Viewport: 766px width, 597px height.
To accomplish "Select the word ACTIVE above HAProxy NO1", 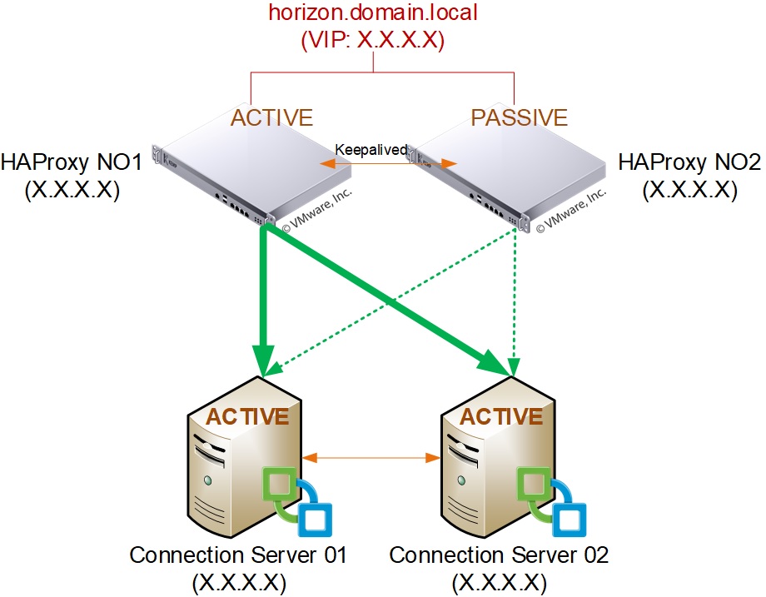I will [x=271, y=117].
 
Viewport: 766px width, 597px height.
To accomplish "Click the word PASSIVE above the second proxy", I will [x=519, y=117].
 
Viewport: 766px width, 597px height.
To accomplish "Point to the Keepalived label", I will [x=371, y=150].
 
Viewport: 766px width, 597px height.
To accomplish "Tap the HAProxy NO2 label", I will [x=690, y=163].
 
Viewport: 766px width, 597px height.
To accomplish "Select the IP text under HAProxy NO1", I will [x=72, y=191].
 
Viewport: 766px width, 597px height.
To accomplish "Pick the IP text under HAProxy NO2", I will [x=690, y=191].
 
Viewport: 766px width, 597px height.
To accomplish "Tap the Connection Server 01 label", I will [x=238, y=555].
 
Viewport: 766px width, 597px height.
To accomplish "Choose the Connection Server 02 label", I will [x=500, y=555].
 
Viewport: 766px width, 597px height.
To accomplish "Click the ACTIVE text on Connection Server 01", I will [x=247, y=416].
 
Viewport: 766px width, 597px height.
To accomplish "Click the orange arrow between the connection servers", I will [x=371, y=456].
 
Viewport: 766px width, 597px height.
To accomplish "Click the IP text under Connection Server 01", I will [x=239, y=581].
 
